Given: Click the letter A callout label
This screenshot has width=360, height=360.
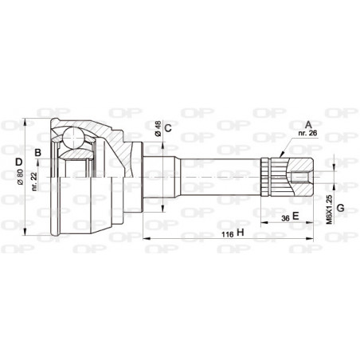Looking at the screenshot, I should pyautogui.click(x=308, y=124).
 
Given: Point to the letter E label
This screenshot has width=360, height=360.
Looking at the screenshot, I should pyautogui.click(x=295, y=216).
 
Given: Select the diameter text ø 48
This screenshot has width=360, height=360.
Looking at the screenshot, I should pyautogui.click(x=158, y=130).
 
